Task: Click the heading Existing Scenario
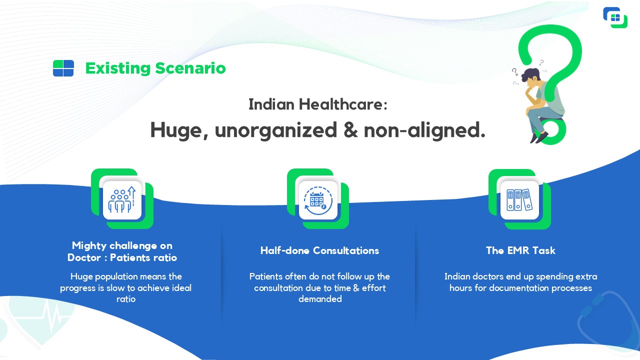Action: tap(155, 68)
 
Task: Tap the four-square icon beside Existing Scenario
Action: tap(63, 68)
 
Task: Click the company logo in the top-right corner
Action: tap(615, 17)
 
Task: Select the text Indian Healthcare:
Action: tap(318, 104)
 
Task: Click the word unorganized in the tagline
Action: tap(276, 130)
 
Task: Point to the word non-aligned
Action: tap(424, 130)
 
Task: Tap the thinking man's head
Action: tap(531, 77)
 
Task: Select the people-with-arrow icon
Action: tap(122, 199)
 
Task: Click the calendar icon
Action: tap(317, 200)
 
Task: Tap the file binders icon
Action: tap(519, 200)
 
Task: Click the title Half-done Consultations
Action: tap(319, 250)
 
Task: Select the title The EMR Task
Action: tap(520, 250)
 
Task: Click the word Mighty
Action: tap(89, 246)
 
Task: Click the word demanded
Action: tap(320, 299)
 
